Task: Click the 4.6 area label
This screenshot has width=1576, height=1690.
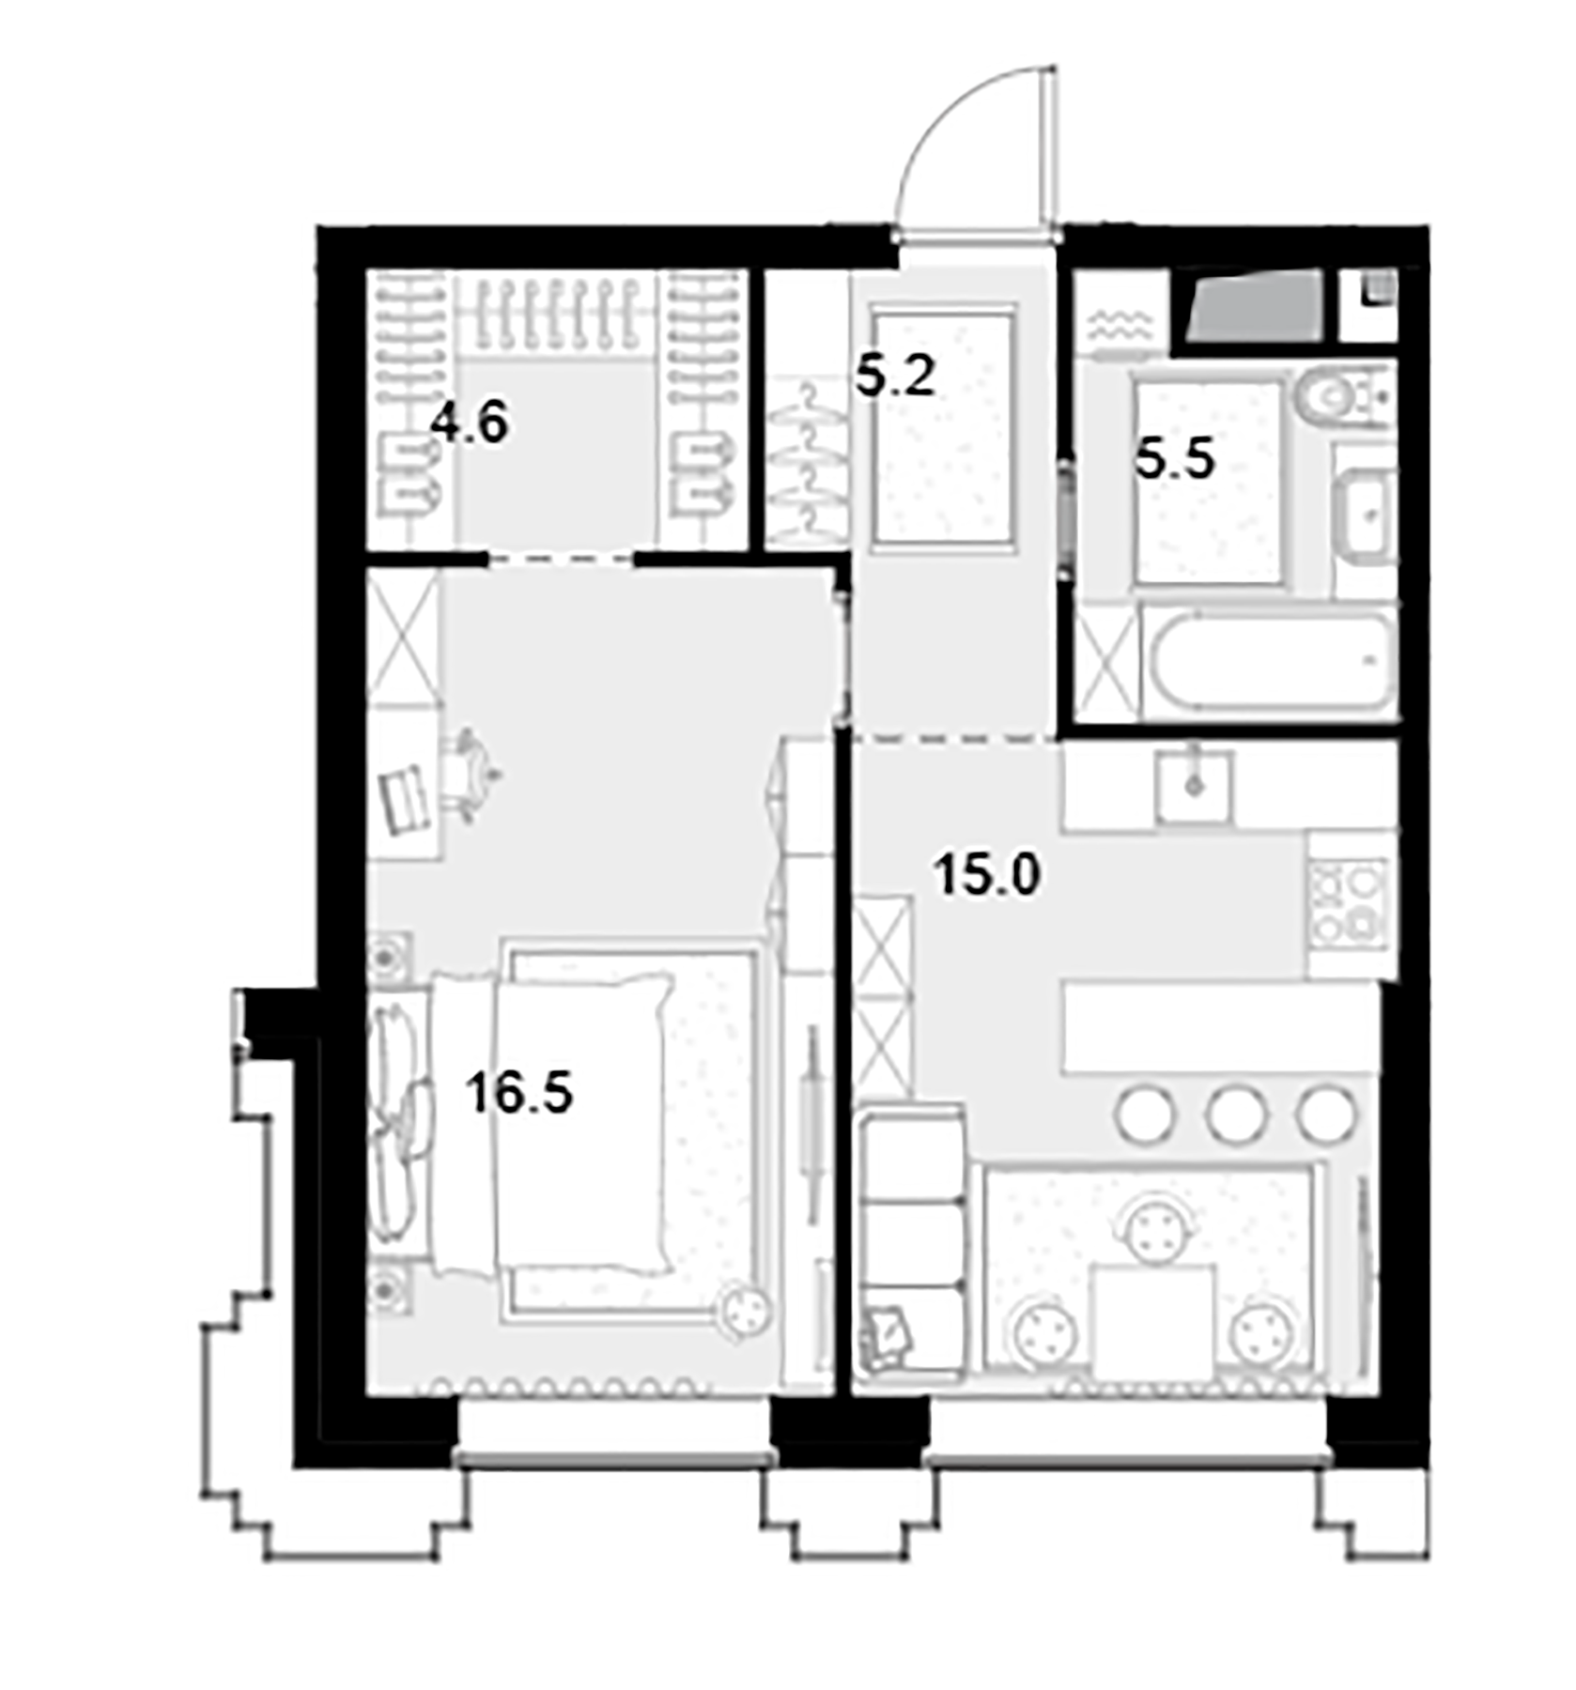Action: click(470, 423)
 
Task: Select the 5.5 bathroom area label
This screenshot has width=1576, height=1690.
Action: click(1175, 461)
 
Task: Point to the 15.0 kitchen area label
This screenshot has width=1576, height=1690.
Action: click(988, 878)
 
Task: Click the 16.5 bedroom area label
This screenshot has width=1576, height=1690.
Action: click(519, 1094)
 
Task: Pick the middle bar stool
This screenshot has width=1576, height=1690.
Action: click(1236, 1114)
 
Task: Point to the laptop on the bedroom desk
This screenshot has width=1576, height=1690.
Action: click(405, 799)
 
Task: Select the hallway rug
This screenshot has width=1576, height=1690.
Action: click(944, 427)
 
